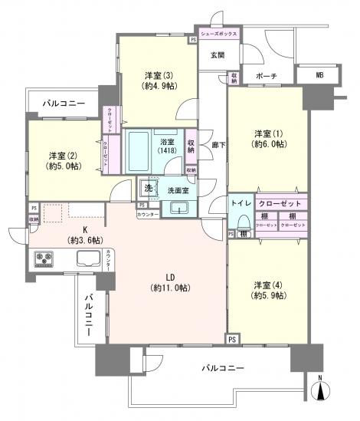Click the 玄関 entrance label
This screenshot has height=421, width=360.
tap(216, 54)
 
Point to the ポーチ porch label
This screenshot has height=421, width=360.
tap(267, 76)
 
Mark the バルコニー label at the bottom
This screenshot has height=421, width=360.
tap(222, 368)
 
